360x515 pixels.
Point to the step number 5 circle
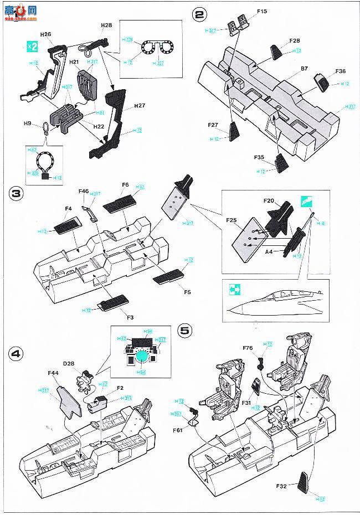[185, 331]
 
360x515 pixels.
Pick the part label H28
[106, 26]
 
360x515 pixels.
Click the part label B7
[305, 69]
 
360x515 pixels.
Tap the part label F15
[262, 11]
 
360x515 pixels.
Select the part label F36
[340, 71]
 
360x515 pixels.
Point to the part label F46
[83, 191]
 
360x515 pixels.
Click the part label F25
[232, 219]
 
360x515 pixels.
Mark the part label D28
[69, 363]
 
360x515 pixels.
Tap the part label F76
[248, 348]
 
